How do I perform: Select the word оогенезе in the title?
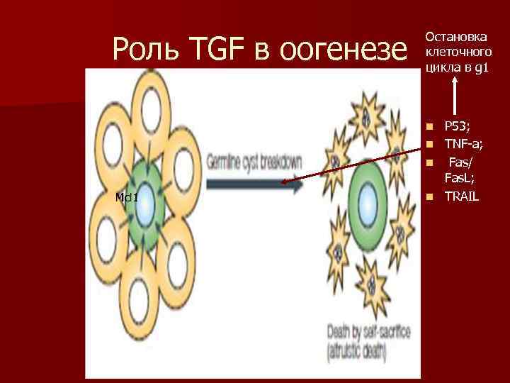(344, 50)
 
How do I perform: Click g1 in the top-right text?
(482, 67)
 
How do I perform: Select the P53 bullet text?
(457, 127)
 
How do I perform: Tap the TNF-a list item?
(464, 144)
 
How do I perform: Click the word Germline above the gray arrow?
(226, 162)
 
